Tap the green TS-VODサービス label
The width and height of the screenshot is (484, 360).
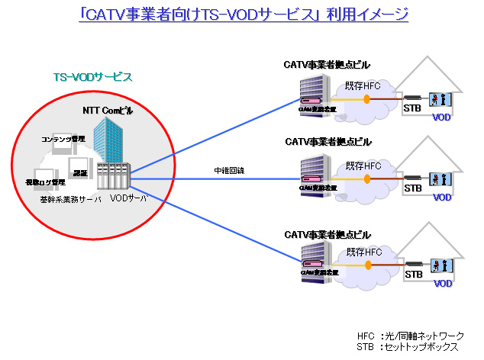tap(92, 77)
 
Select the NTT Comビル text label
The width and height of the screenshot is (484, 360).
tap(108, 111)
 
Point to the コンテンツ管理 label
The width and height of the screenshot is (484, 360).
tap(63, 139)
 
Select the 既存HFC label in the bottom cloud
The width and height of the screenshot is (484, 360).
tap(364, 252)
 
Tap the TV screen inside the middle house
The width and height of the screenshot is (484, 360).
tap(439, 178)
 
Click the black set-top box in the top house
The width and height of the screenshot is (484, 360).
tap(413, 98)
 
